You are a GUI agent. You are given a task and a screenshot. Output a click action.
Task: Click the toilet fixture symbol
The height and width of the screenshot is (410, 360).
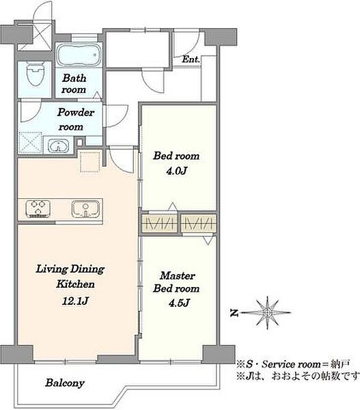(x=35, y=74)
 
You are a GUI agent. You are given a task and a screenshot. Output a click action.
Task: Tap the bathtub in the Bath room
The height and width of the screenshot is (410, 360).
(x=79, y=55)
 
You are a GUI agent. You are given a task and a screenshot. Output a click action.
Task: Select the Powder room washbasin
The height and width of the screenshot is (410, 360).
(x=59, y=145)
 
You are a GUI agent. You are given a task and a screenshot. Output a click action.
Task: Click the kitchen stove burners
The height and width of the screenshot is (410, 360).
(x=38, y=209)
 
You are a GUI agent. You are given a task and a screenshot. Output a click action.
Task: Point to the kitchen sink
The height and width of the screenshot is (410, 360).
(x=86, y=209)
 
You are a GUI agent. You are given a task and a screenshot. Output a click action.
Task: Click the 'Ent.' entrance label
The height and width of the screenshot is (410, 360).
(x=191, y=59)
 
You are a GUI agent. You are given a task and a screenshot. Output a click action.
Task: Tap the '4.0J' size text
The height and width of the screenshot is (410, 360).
(x=176, y=171)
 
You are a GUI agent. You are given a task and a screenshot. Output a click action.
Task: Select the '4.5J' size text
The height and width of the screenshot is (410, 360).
(x=178, y=303)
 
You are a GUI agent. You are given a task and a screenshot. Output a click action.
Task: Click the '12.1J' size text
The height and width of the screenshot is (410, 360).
(x=74, y=301)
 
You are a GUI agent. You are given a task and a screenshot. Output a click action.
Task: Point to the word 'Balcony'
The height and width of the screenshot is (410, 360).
(x=65, y=383)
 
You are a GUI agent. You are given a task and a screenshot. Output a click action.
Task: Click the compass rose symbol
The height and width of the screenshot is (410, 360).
(x=267, y=312)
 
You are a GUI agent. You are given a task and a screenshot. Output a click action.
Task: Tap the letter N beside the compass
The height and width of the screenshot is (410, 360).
(x=234, y=313)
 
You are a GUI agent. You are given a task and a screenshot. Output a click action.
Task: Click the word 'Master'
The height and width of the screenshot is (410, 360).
(x=178, y=275)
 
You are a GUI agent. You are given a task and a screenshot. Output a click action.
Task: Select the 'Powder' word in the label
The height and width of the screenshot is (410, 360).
(x=76, y=113)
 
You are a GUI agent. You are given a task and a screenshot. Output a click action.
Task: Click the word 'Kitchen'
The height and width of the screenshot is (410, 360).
(x=75, y=284)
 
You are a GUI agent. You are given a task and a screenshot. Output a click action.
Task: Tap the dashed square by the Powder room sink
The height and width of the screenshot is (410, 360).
(x=31, y=143)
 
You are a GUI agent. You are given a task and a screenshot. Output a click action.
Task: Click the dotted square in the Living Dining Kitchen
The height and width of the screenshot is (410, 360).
(x=90, y=161)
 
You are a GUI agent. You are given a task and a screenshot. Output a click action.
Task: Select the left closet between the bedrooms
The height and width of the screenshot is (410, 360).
(x=160, y=223)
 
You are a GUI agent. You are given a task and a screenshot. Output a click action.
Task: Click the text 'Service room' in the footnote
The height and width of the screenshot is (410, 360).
(x=291, y=364)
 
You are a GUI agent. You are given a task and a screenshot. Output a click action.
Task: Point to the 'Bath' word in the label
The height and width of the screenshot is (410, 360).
(x=74, y=78)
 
